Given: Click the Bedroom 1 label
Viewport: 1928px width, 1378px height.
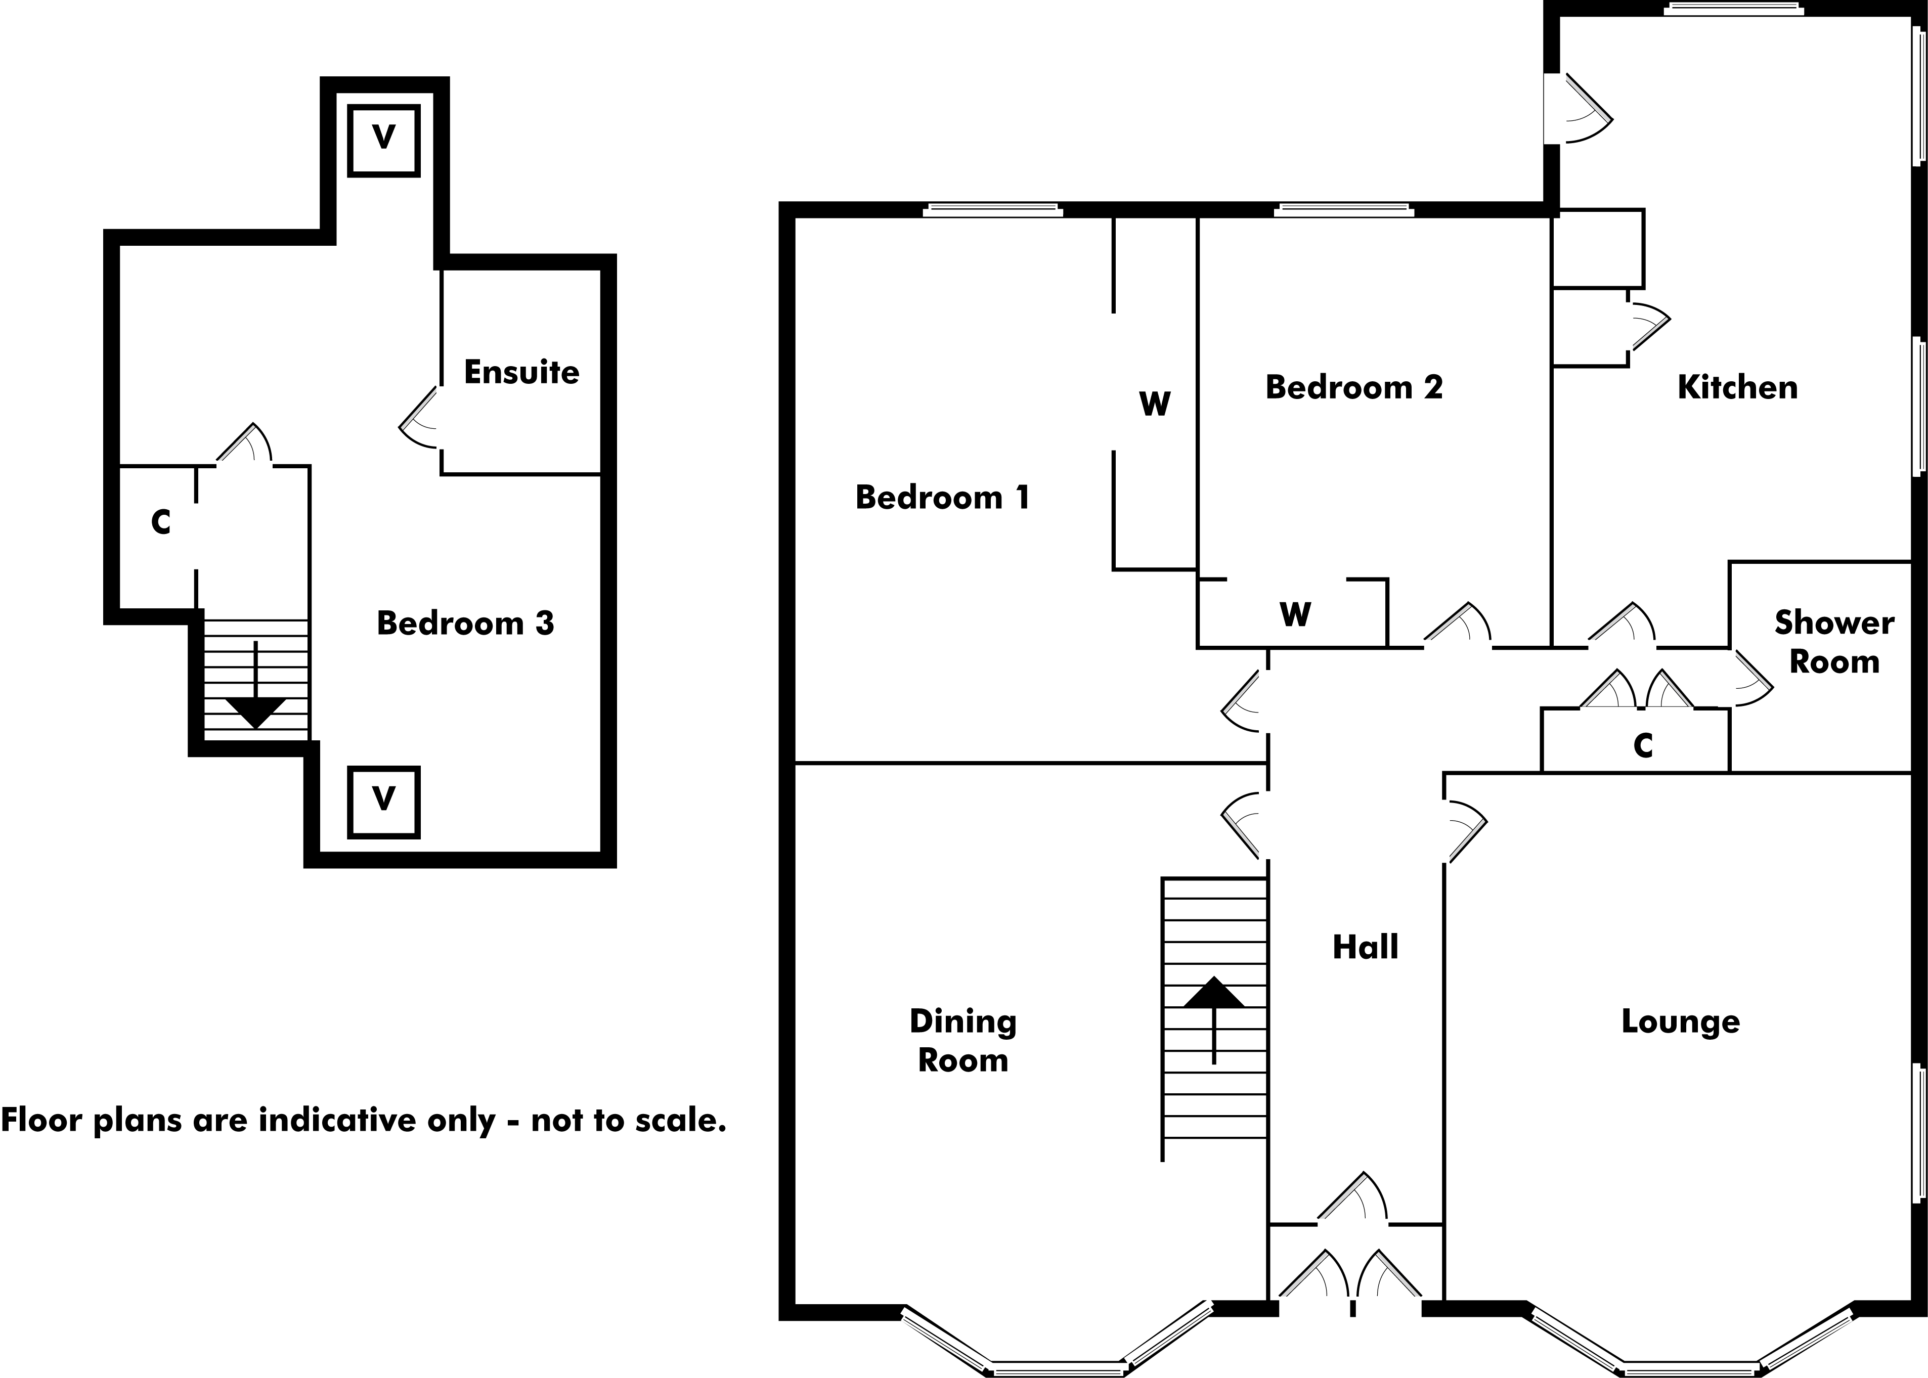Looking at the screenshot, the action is point(942,497).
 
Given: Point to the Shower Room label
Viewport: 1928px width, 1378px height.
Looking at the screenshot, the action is point(1834,642).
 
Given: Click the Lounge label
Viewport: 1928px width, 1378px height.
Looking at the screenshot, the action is point(1680,1021).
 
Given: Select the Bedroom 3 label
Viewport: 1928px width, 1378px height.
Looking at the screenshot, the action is point(465,623).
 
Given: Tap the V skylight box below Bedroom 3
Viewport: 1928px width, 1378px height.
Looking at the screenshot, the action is point(383,801).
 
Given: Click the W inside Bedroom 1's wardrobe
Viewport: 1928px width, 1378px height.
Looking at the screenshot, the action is point(1154,404).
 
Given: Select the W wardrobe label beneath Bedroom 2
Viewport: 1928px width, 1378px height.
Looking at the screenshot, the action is point(1295,613).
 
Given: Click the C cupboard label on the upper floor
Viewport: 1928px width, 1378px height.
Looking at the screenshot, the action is point(160,522).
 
